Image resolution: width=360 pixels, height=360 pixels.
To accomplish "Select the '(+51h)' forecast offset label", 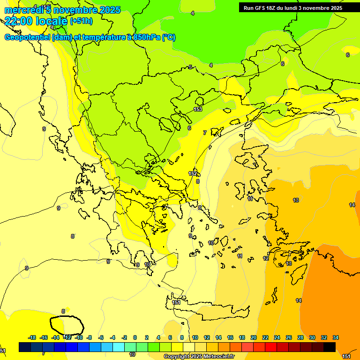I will tap(81, 21).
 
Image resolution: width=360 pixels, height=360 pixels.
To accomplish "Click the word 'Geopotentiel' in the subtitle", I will tap(27, 37).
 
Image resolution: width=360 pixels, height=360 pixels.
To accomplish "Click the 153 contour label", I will tap(198, 109).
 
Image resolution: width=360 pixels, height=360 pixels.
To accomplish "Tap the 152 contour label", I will tap(193, 173).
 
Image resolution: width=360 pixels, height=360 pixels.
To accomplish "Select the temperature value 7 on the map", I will tap(204, 133).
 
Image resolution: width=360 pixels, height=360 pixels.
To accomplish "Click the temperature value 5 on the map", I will tap(190, 67).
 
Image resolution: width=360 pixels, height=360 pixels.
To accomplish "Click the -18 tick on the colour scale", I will tap(32, 337).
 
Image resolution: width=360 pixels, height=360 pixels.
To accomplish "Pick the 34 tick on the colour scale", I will tap(335, 337).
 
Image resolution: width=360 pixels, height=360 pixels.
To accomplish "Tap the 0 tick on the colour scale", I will tap(135, 337).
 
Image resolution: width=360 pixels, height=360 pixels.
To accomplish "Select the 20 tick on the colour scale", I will tap(254, 337).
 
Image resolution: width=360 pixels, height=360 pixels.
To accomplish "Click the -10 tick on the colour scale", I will tap(79, 337).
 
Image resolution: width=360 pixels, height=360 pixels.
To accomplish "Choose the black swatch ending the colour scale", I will tap(329, 347).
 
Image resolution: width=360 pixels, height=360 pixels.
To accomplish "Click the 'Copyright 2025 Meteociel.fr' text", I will tap(199, 357).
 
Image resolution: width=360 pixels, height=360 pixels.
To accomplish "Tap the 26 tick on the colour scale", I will tap(289, 337).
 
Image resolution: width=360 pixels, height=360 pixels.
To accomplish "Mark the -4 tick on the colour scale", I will tap(112, 337).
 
